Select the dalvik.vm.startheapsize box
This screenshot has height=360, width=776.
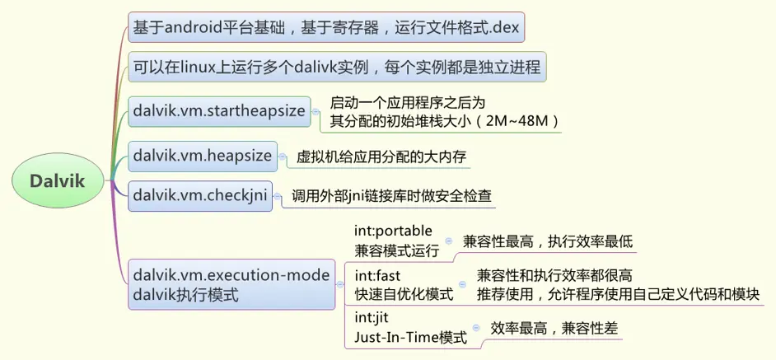coord(218,110)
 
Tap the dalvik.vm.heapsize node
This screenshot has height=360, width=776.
coord(202,154)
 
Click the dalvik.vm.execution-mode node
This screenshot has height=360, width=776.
coord(231,284)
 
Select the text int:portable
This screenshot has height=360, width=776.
coord(393,231)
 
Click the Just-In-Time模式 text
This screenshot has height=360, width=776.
coord(410,337)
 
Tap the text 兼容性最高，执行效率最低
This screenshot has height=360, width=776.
coord(548,241)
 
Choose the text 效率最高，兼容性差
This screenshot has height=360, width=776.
coord(554,328)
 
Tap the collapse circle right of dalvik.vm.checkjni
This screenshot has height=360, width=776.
coord(278,196)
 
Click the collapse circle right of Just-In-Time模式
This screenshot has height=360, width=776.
coord(475,328)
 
